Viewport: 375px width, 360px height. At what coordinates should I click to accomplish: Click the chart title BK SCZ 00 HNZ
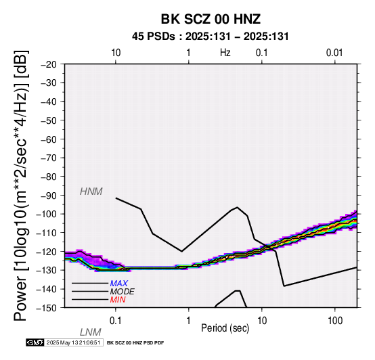tap(211, 19)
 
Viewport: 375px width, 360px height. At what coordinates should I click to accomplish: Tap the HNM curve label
tap(91, 192)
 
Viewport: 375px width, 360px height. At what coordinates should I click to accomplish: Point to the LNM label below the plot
tap(91, 332)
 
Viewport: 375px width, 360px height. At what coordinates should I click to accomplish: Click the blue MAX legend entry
tap(119, 284)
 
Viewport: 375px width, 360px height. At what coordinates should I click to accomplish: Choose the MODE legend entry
tap(123, 292)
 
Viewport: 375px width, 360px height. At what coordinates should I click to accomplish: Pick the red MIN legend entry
tap(118, 300)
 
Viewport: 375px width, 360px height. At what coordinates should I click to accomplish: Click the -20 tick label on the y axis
tap(49, 64)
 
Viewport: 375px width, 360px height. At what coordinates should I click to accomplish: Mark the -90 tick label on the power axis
tap(49, 196)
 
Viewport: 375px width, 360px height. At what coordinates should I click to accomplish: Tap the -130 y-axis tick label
tap(47, 270)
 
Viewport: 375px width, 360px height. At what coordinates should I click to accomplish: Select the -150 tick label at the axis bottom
tap(47, 308)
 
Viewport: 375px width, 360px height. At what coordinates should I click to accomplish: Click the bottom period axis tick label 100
tap(335, 321)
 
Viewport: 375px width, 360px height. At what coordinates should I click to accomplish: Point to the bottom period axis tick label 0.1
tap(116, 321)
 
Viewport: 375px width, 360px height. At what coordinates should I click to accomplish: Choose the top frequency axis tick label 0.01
tap(334, 53)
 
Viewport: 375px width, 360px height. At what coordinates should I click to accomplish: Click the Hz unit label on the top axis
tap(225, 53)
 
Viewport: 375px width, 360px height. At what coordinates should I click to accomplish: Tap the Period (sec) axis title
tap(225, 328)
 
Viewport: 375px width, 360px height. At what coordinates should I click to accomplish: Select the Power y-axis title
tap(21, 185)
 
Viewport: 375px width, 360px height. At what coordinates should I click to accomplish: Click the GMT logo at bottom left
tap(35, 342)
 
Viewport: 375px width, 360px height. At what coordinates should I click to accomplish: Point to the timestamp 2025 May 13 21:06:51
tap(73, 342)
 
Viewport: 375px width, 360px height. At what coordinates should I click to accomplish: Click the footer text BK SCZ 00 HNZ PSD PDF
tap(135, 343)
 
